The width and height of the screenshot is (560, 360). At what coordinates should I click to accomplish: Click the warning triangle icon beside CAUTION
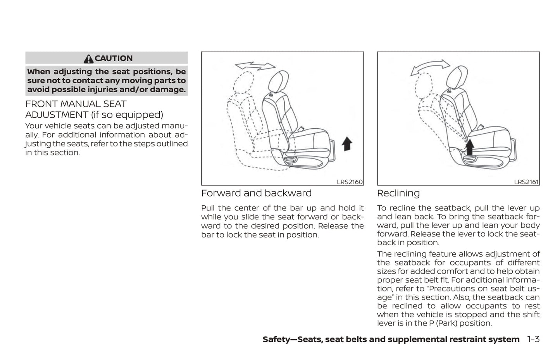coord(88,59)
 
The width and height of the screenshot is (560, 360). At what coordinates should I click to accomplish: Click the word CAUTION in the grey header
coord(114,58)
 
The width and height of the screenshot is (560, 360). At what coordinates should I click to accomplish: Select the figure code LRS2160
coord(350,182)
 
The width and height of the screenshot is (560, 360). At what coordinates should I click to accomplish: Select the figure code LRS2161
coord(526,182)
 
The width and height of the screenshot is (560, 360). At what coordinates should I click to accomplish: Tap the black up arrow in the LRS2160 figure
coord(347,144)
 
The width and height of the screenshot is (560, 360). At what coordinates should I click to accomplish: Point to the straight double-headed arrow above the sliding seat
coord(255,66)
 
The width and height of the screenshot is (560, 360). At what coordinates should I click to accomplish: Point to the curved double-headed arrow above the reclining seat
coord(430,67)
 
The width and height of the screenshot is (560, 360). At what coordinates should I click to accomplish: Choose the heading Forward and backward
coord(256,193)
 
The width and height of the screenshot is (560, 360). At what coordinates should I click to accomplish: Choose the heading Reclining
coord(398,193)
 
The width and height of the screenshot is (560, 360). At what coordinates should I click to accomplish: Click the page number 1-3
coord(533,339)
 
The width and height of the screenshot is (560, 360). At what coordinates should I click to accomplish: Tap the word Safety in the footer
coord(276,339)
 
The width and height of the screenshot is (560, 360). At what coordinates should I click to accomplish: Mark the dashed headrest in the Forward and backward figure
coord(243,83)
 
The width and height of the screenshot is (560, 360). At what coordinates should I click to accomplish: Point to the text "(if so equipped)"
coord(127,115)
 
